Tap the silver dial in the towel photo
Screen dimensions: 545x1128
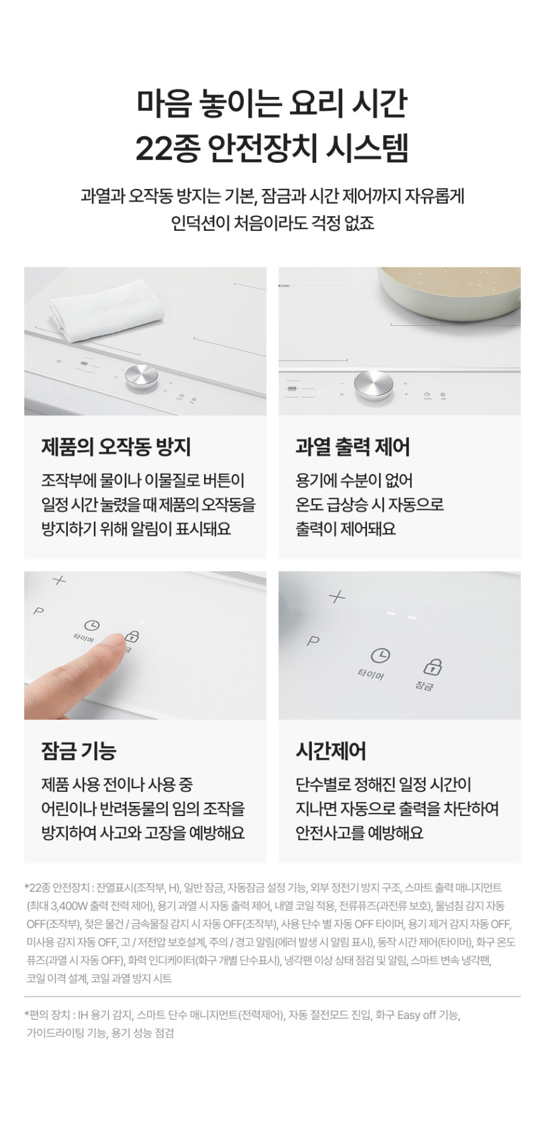pyautogui.click(x=141, y=377)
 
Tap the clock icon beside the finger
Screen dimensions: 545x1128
pyautogui.click(x=92, y=626)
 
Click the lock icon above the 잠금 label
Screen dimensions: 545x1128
pyautogui.click(x=433, y=666)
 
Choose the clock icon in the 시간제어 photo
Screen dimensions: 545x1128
pyautogui.click(x=380, y=655)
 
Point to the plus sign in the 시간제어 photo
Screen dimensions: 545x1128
pyautogui.click(x=337, y=597)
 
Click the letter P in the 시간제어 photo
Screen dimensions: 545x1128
pyautogui.click(x=313, y=641)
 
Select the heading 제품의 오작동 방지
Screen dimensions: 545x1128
pyautogui.click(x=116, y=447)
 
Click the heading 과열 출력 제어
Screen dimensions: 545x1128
pyautogui.click(x=353, y=447)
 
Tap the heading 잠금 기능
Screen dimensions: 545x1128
pyautogui.click(x=79, y=751)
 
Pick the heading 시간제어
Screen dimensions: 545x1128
pyautogui.click(x=331, y=751)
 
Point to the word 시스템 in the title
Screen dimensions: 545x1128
pyautogui.click(x=368, y=148)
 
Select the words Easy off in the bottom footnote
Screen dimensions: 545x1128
pyautogui.click(x=416, y=1015)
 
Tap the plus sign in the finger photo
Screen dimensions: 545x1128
pyautogui.click(x=59, y=580)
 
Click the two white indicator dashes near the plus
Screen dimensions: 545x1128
pyautogui.click(x=401, y=615)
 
